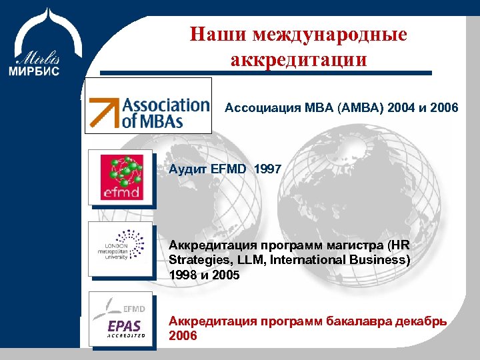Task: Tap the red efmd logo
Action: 121,177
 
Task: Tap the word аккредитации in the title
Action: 299,60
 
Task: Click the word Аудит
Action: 187,171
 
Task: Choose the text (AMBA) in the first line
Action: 344,107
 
